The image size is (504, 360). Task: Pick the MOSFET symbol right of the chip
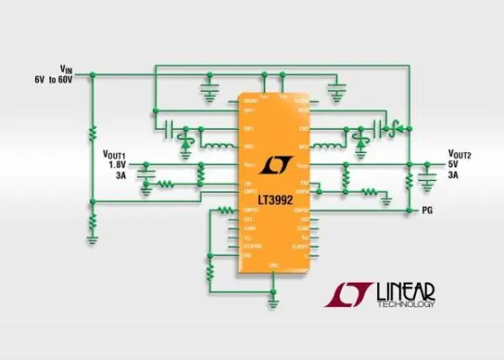tap(392, 125)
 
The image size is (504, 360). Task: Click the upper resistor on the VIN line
tap(91, 135)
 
